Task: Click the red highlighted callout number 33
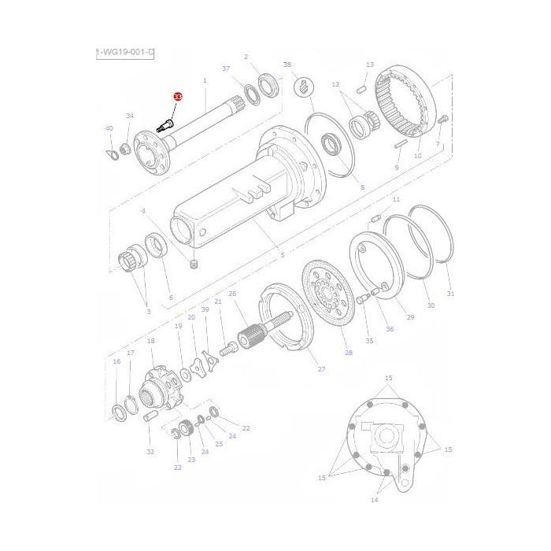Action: pyautogui.click(x=177, y=96)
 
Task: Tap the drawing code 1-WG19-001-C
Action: pyautogui.click(x=124, y=53)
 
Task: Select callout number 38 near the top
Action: pyautogui.click(x=287, y=64)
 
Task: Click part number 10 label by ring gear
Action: pyautogui.click(x=418, y=156)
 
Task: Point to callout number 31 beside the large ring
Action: pyautogui.click(x=450, y=294)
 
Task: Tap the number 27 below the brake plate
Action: pyautogui.click(x=320, y=368)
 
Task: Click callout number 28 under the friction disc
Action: pyautogui.click(x=349, y=353)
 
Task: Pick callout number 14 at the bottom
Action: pyautogui.click(x=374, y=499)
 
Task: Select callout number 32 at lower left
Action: pyautogui.click(x=150, y=452)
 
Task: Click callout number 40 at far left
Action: pyautogui.click(x=109, y=128)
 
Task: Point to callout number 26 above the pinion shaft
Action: pyautogui.click(x=232, y=294)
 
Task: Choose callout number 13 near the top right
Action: pyautogui.click(x=369, y=65)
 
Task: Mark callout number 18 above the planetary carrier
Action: pyautogui.click(x=150, y=341)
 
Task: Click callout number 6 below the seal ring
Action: pyautogui.click(x=170, y=298)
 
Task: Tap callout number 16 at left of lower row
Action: pyautogui.click(x=116, y=362)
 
